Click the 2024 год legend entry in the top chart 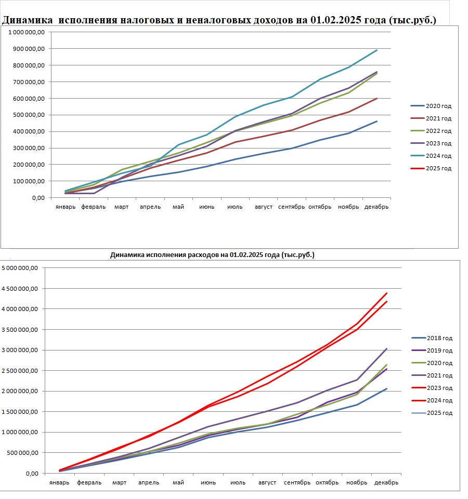(431, 156)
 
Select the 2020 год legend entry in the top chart (431, 106)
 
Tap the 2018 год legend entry (432, 338)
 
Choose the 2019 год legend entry (432, 350)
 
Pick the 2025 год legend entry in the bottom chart (432, 413)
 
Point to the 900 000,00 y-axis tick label (27, 49)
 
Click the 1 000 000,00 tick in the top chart (27, 32)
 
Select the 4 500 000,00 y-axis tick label (20, 289)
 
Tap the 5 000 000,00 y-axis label (20, 268)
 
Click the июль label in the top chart (235, 207)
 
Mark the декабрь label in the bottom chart (386, 482)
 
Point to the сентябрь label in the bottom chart (297, 482)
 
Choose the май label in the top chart (178, 207)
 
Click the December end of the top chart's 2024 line (377, 50)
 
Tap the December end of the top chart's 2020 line (377, 122)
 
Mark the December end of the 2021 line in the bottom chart (387, 349)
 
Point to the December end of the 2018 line (387, 388)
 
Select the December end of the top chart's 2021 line (377, 98)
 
